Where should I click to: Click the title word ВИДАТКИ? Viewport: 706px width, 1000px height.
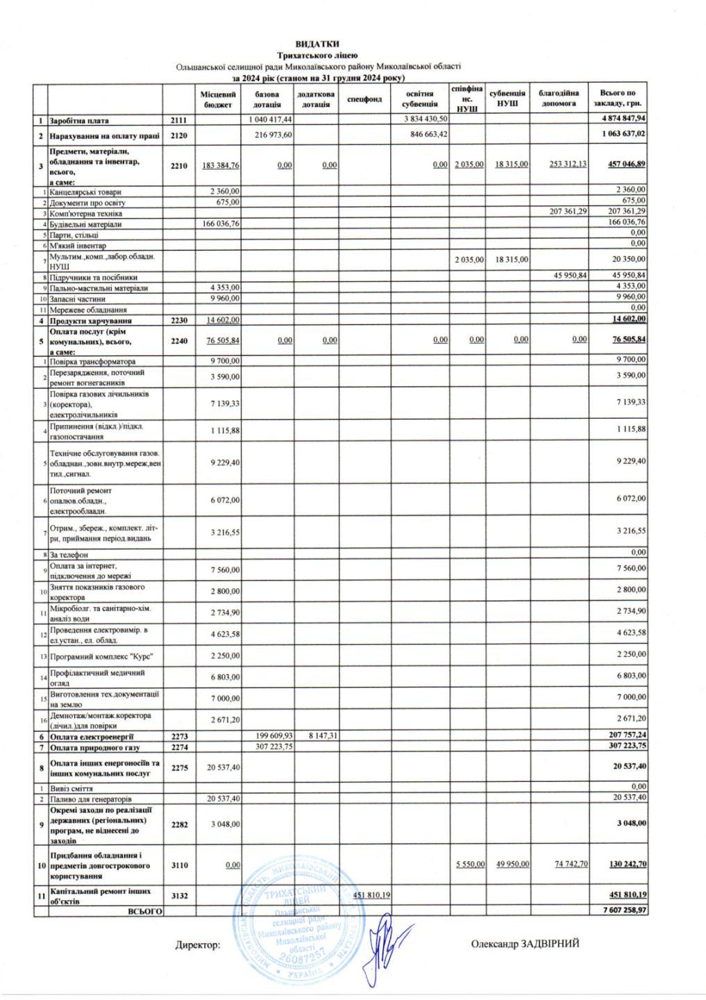point(317,44)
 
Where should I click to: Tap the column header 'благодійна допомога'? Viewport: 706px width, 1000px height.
point(558,98)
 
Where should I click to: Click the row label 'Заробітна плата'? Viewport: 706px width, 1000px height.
point(80,121)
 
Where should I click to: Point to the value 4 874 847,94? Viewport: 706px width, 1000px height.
point(623,119)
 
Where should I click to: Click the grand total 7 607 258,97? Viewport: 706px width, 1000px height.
point(623,910)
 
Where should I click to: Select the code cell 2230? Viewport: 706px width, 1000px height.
point(179,321)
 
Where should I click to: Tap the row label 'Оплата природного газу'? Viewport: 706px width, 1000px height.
point(94,747)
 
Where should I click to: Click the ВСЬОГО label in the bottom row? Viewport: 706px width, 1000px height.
point(144,910)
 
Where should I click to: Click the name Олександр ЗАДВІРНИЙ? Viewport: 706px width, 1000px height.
point(525,943)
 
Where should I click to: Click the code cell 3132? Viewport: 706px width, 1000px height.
point(179,895)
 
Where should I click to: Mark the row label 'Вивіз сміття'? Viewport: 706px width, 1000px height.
point(71,789)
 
